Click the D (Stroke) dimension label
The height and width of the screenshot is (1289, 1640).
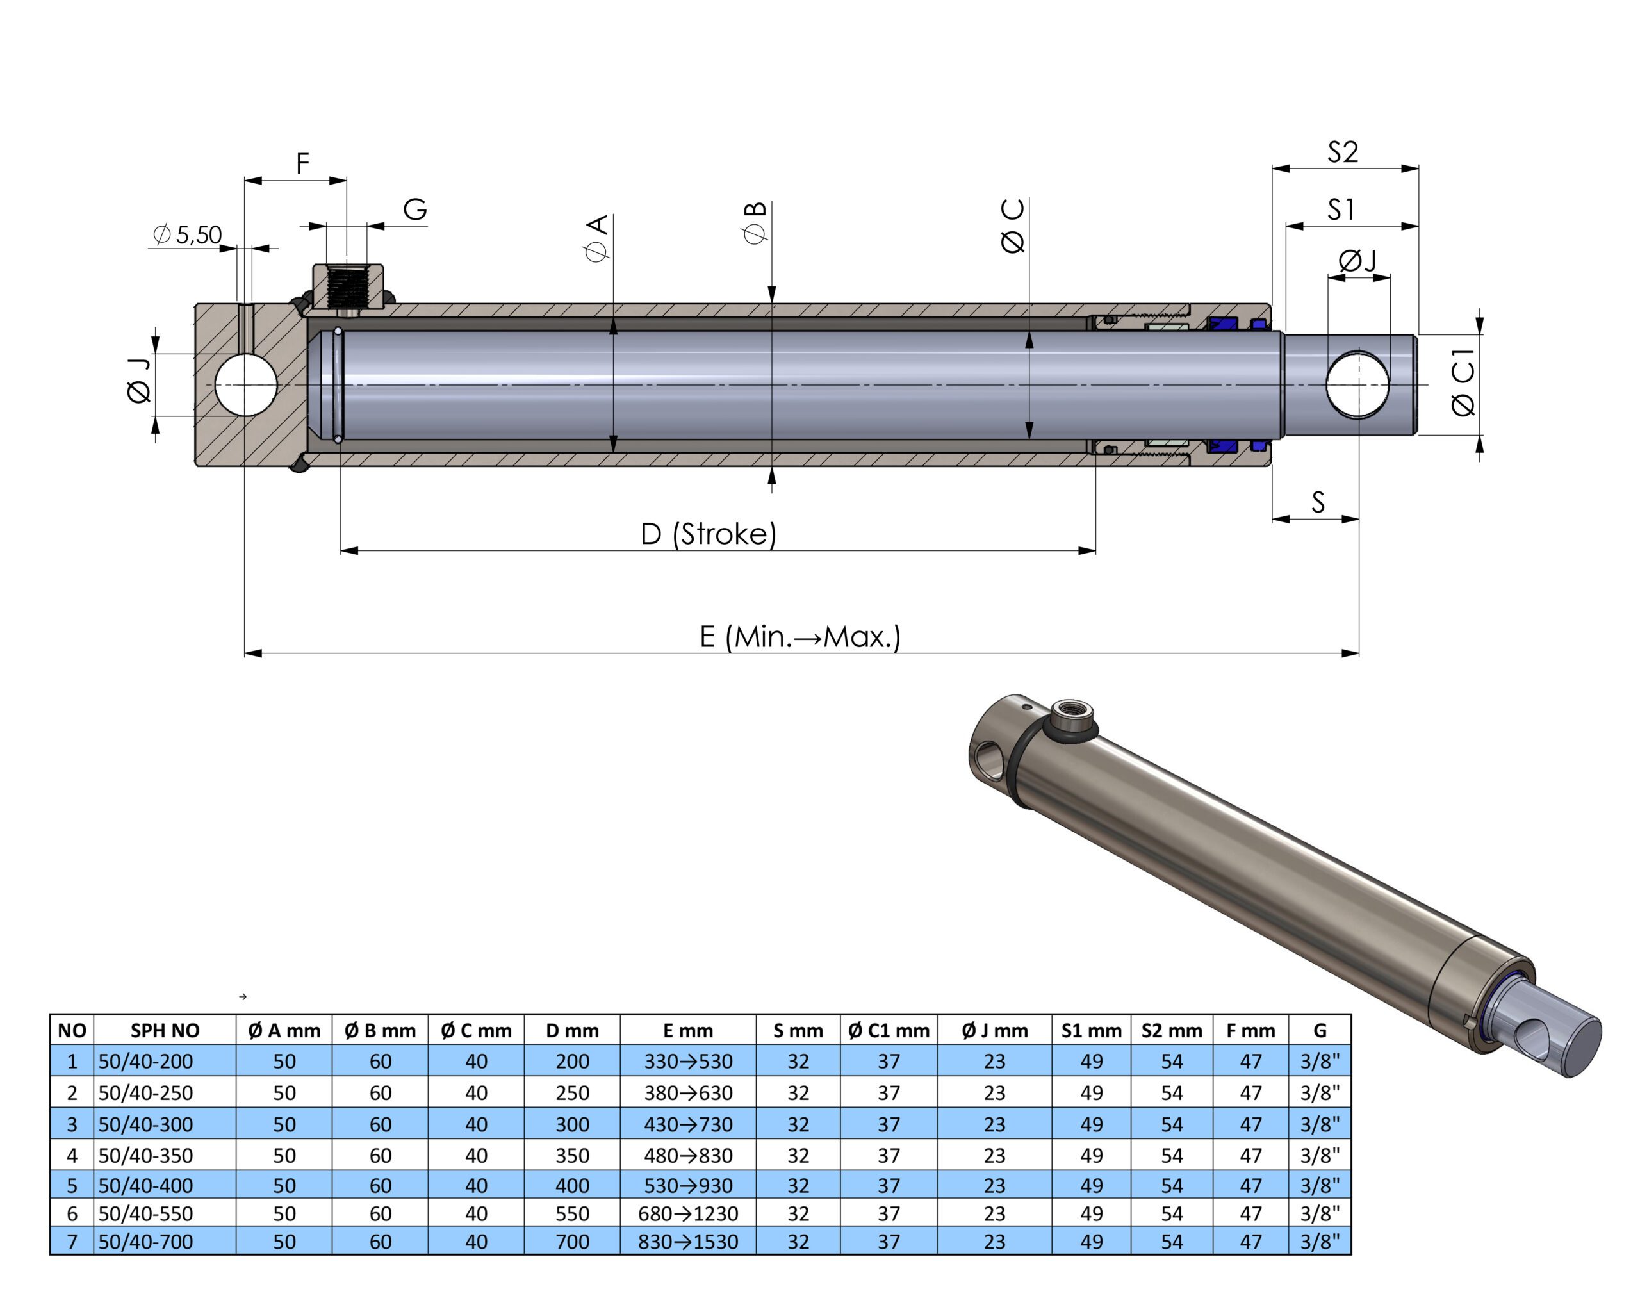point(708,534)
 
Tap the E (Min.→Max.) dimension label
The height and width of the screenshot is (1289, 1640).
point(800,637)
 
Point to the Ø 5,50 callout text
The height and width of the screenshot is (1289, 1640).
point(187,234)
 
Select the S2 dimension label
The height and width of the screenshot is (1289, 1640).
point(1343,152)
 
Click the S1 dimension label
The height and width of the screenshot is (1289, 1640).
point(1341,209)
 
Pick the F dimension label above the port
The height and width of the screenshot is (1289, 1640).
point(302,163)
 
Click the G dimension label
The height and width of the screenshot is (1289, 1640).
point(415,209)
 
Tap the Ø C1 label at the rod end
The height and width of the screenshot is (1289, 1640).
point(1463,382)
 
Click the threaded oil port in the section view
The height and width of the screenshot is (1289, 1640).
point(348,288)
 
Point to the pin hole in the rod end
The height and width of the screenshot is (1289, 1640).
point(1357,384)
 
